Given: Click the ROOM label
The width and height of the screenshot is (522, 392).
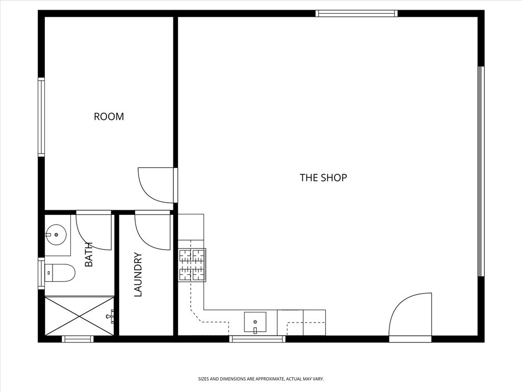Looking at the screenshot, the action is click(x=109, y=117).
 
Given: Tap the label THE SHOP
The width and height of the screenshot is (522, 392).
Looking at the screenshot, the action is click(x=323, y=178).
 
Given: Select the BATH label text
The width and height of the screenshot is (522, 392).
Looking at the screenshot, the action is click(x=89, y=254).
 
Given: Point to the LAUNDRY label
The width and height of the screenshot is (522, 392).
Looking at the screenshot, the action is click(x=138, y=275).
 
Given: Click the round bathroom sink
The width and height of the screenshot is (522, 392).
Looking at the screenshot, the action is click(x=56, y=235).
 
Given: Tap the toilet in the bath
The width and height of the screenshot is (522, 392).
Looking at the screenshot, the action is click(x=60, y=273).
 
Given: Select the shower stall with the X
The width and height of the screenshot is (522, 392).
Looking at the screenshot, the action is click(x=79, y=315).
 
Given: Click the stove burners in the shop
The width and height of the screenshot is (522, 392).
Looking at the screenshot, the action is click(x=192, y=265).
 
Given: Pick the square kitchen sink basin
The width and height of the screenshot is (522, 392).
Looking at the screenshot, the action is click(x=255, y=322).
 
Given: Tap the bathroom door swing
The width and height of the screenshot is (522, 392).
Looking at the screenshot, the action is click(x=94, y=231).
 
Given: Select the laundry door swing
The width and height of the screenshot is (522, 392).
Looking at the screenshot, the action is click(x=152, y=231).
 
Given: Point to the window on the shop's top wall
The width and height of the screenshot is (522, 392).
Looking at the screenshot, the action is click(x=356, y=13).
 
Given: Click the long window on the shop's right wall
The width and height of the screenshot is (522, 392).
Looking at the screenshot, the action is click(x=481, y=171).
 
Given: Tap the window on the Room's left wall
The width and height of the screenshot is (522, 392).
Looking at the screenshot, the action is click(x=41, y=117).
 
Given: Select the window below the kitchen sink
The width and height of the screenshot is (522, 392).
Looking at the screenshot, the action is click(x=257, y=339).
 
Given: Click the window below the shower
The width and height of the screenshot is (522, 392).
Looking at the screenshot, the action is click(x=78, y=339).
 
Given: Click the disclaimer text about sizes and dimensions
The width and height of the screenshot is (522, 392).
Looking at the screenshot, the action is click(x=261, y=379).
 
